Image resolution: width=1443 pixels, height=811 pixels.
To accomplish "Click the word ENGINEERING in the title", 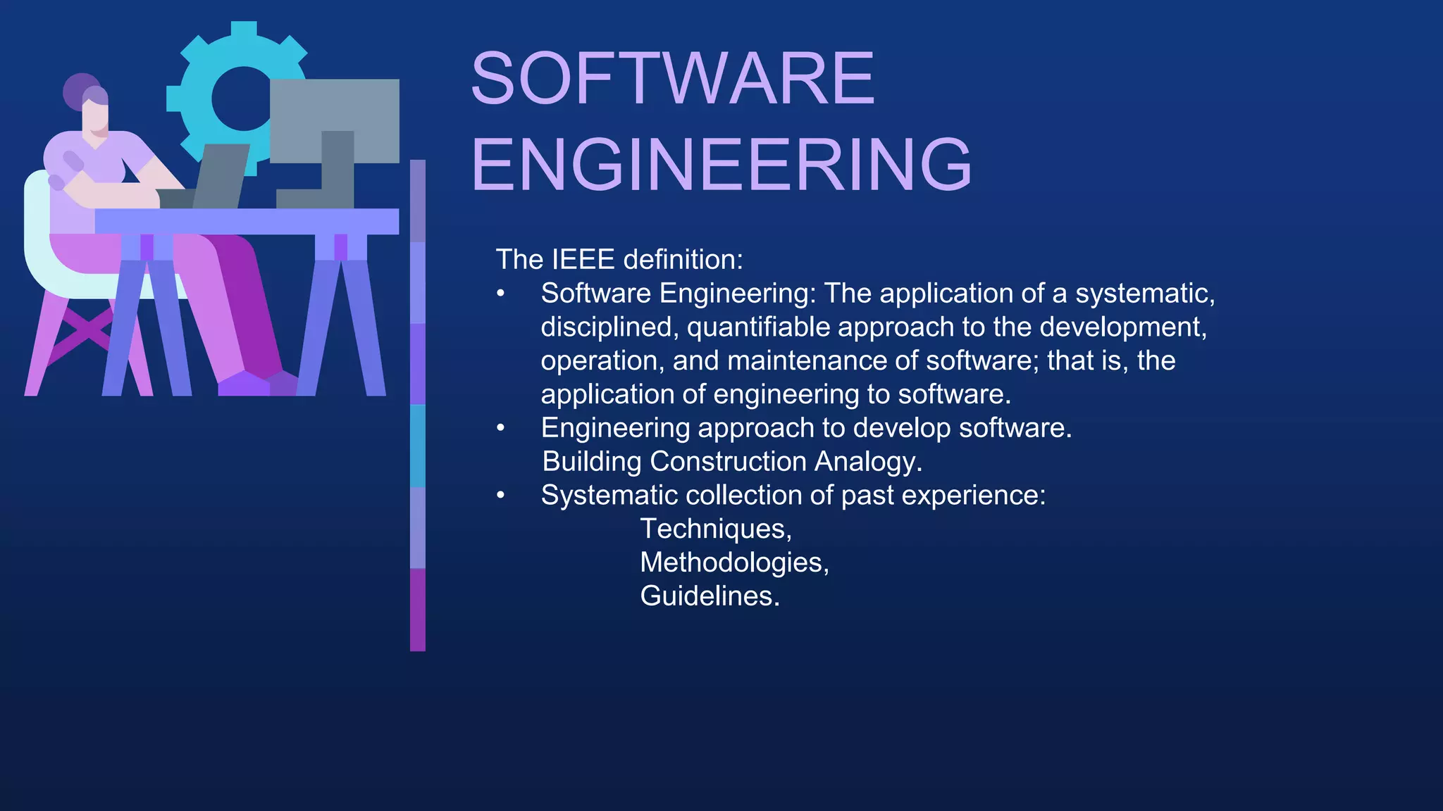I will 721,165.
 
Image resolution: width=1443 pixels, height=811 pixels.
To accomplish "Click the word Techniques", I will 715,529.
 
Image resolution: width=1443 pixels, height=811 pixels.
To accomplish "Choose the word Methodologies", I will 733,562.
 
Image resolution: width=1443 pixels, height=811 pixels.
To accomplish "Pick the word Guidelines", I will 709,596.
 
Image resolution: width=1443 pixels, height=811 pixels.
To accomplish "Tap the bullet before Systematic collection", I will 500,496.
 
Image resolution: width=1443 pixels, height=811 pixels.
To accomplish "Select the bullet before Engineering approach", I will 500,428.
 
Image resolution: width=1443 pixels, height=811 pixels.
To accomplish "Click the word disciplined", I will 609,327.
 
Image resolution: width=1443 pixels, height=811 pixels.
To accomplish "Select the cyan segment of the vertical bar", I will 418,446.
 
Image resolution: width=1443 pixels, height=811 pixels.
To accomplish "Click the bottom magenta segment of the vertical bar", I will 418,610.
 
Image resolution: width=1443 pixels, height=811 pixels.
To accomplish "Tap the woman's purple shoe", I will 243,384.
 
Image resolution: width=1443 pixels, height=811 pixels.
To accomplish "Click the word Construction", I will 728,462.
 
